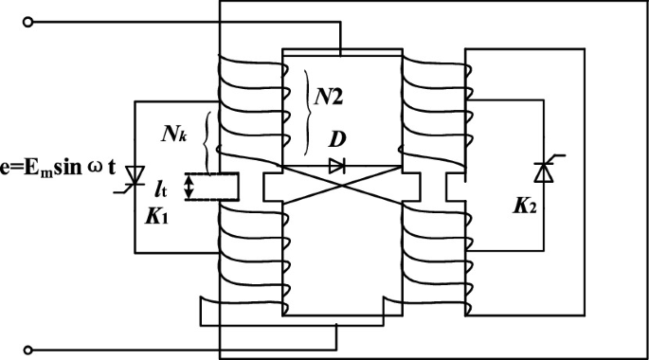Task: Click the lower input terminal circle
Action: (x=27, y=349)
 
